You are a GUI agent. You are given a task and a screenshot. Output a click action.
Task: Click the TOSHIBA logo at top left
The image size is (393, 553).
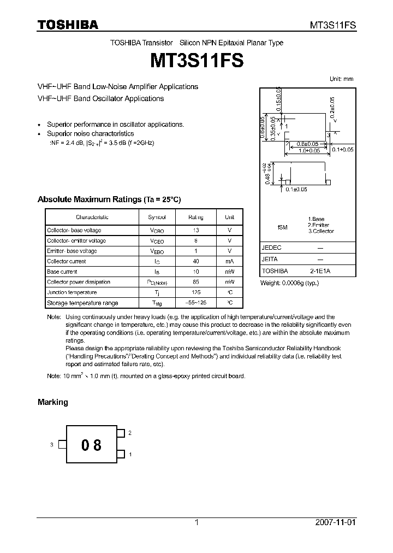[x=68, y=25]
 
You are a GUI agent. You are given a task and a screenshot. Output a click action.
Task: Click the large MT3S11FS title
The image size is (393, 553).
[x=196, y=60]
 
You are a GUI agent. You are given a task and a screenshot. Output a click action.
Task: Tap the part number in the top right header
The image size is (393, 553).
[x=334, y=25]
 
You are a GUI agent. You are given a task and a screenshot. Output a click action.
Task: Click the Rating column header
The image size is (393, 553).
[x=195, y=217]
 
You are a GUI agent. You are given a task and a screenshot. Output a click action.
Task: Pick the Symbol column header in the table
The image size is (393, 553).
[x=157, y=217]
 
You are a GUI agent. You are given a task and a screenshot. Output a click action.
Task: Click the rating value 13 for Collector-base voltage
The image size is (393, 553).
[x=195, y=230]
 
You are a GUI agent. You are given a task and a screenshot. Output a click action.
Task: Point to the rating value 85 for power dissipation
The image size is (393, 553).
[x=195, y=282]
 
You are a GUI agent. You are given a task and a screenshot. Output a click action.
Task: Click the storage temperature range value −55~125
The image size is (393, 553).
[x=195, y=303]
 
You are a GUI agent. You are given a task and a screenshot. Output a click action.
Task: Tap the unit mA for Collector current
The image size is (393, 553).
[x=229, y=261]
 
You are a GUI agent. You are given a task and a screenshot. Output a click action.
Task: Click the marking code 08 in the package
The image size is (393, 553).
[x=91, y=445]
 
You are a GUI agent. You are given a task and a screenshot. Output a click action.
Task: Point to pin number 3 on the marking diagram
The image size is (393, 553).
[x=51, y=445]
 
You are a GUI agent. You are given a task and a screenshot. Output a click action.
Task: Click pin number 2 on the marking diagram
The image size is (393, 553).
[x=130, y=432]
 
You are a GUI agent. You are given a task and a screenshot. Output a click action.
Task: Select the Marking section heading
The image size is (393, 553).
[x=52, y=402]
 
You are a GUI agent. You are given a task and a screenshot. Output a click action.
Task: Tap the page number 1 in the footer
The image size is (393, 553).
[x=196, y=522]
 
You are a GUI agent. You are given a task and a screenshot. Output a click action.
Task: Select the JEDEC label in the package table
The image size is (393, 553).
[x=272, y=248]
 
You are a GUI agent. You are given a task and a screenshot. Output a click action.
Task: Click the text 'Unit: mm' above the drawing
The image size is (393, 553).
[x=341, y=79]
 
